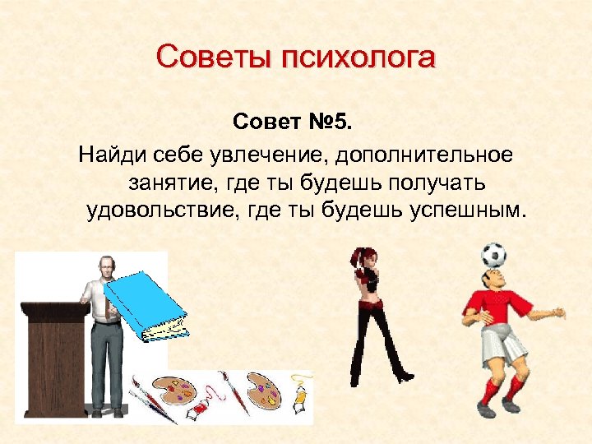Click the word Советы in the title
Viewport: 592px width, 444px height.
pos(213,58)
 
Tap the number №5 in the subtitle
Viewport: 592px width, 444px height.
pos(332,123)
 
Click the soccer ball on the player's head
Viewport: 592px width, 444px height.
pos(493,254)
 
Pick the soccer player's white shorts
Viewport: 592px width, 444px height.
pos(502,344)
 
